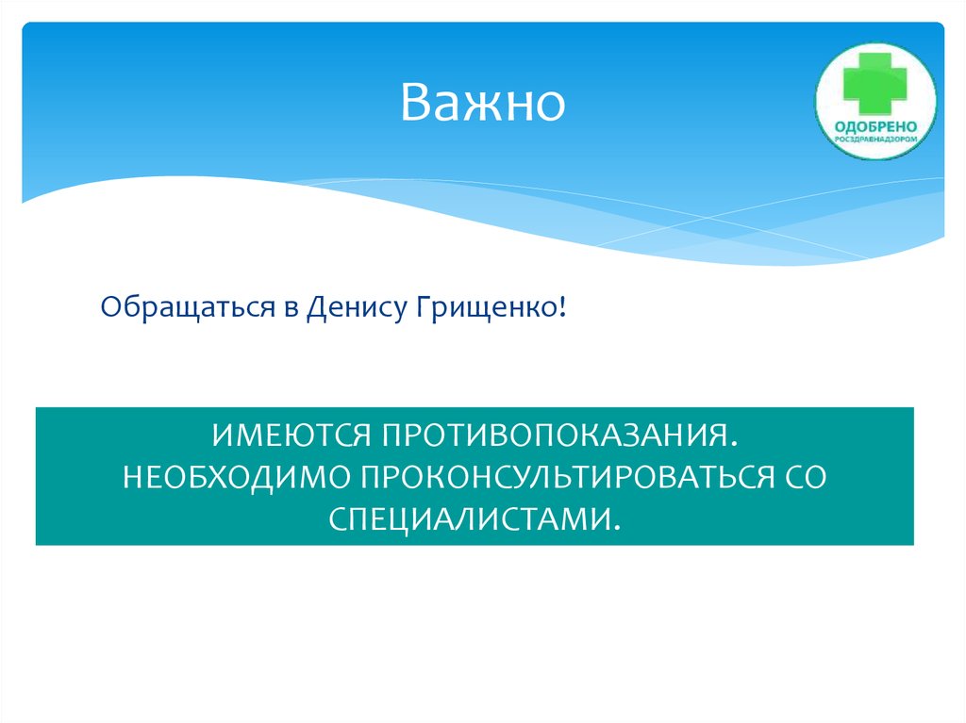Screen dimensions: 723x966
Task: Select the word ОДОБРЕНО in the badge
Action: [x=876, y=126]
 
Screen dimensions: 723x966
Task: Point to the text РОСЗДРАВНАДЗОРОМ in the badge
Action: [x=876, y=140]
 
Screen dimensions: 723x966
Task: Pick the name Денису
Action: [x=355, y=307]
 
